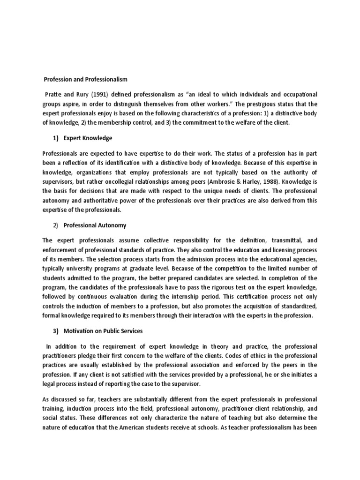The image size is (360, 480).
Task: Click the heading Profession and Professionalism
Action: tap(85, 80)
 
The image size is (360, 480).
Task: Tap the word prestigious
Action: tap(262, 104)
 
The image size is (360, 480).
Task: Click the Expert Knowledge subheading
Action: tap(88, 138)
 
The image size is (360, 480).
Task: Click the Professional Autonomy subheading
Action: tap(95, 225)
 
